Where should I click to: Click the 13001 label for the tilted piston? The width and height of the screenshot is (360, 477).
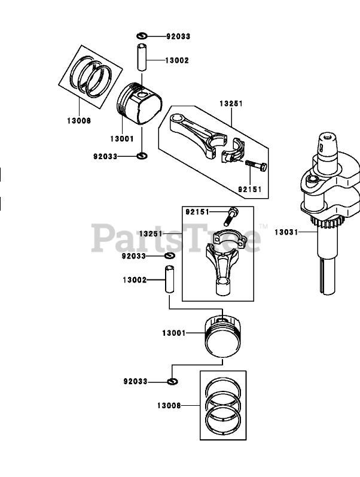121,139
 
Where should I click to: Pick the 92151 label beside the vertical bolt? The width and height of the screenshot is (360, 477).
197,211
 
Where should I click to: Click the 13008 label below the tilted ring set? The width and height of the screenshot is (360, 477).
79,120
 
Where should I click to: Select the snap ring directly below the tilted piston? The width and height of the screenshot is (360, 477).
142,156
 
